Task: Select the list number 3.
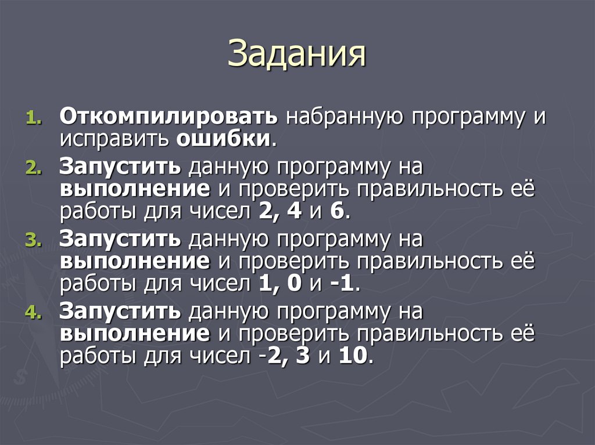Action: (33, 241)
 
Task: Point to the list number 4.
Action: (33, 313)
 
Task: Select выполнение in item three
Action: (134, 261)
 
